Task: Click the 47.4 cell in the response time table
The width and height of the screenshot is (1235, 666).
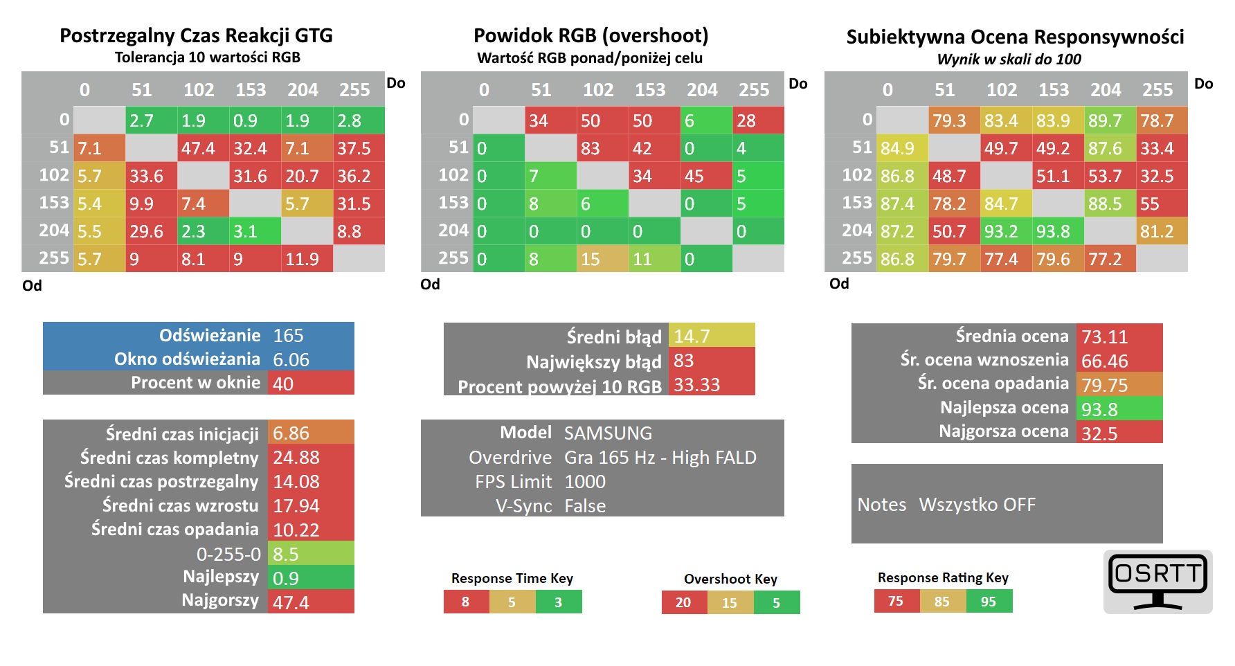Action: pyautogui.click(x=204, y=148)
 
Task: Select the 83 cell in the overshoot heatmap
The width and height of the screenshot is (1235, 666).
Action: pyautogui.click(x=603, y=148)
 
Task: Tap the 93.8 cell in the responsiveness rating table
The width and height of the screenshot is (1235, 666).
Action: pyautogui.click(x=1058, y=231)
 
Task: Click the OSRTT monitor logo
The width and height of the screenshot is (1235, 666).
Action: pyautogui.click(x=1158, y=582)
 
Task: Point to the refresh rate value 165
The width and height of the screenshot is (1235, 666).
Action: pyautogui.click(x=288, y=336)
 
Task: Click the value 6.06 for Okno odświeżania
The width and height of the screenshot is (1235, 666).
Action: pyautogui.click(x=291, y=359)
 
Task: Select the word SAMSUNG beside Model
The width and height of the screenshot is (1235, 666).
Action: pyautogui.click(x=608, y=433)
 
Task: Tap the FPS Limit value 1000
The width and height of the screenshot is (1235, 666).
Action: pyautogui.click(x=585, y=482)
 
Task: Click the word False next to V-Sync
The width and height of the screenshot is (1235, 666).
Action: pyautogui.click(x=585, y=506)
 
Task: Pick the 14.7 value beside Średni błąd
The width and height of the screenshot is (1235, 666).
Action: pyautogui.click(x=692, y=336)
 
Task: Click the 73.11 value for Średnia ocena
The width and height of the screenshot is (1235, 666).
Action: pyautogui.click(x=1105, y=337)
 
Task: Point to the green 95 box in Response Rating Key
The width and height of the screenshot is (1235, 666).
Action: pyautogui.click(x=989, y=601)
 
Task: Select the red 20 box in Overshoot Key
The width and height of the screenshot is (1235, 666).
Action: pyautogui.click(x=684, y=602)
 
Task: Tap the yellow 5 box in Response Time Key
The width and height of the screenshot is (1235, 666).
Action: pyautogui.click(x=512, y=602)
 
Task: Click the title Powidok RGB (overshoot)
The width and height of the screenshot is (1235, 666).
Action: pyautogui.click(x=591, y=35)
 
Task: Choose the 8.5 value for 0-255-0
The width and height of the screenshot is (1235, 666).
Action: pyautogui.click(x=285, y=554)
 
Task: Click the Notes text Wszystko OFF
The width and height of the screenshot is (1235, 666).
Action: pyautogui.click(x=977, y=505)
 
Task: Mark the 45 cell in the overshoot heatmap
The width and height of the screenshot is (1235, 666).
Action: pyautogui.click(x=707, y=176)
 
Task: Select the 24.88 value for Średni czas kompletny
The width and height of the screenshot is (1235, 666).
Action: pyautogui.click(x=296, y=458)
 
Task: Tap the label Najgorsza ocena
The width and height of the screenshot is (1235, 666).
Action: pyautogui.click(x=1004, y=431)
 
